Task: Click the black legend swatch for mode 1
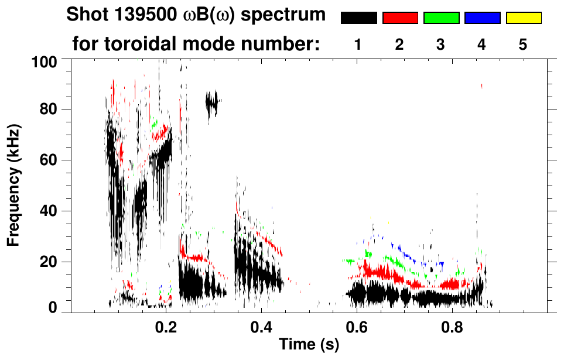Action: point(359,18)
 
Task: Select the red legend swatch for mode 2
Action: point(400,18)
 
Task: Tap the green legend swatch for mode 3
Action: point(441,18)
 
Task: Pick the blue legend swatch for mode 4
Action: point(482,18)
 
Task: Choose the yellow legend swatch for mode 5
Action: point(523,18)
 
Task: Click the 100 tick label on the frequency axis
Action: point(44,61)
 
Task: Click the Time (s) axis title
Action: point(308,345)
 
